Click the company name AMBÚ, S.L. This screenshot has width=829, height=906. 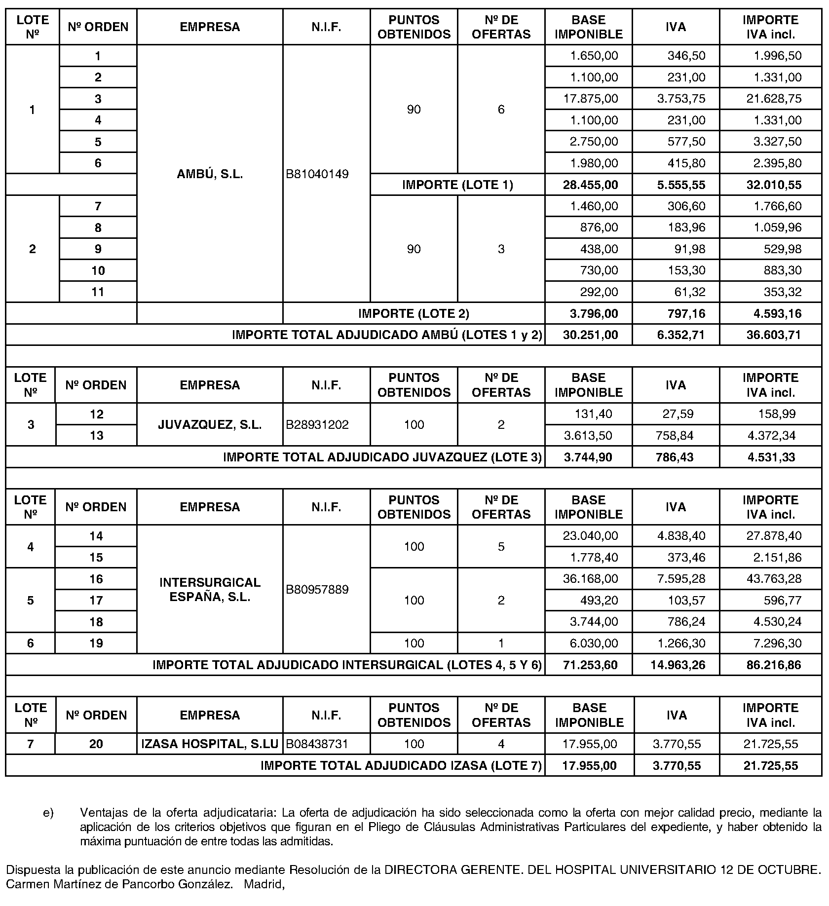pos(210,174)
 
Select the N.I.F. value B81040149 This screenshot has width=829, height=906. pos(318,174)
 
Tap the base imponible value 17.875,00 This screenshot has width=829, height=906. pos(591,99)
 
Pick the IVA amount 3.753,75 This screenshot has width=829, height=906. pos(681,99)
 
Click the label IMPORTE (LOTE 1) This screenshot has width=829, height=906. pos(457,185)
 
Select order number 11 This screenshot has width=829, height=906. pos(98,292)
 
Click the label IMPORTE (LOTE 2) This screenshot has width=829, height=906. pos(414,313)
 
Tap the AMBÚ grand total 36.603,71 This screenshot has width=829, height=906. pos(774,335)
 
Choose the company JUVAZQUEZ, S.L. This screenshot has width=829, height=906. pos(210,425)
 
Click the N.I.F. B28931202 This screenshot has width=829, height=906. pos(318,425)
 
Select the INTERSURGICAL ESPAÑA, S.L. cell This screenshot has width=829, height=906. pos(210,590)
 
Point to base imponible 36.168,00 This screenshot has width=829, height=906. pos(591,579)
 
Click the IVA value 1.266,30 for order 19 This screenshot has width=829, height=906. pos(681,643)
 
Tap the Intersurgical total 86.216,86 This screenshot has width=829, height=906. pos(774,665)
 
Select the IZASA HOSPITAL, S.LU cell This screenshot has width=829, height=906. pos(210,744)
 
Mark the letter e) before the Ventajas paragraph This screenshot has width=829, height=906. pos(48,812)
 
